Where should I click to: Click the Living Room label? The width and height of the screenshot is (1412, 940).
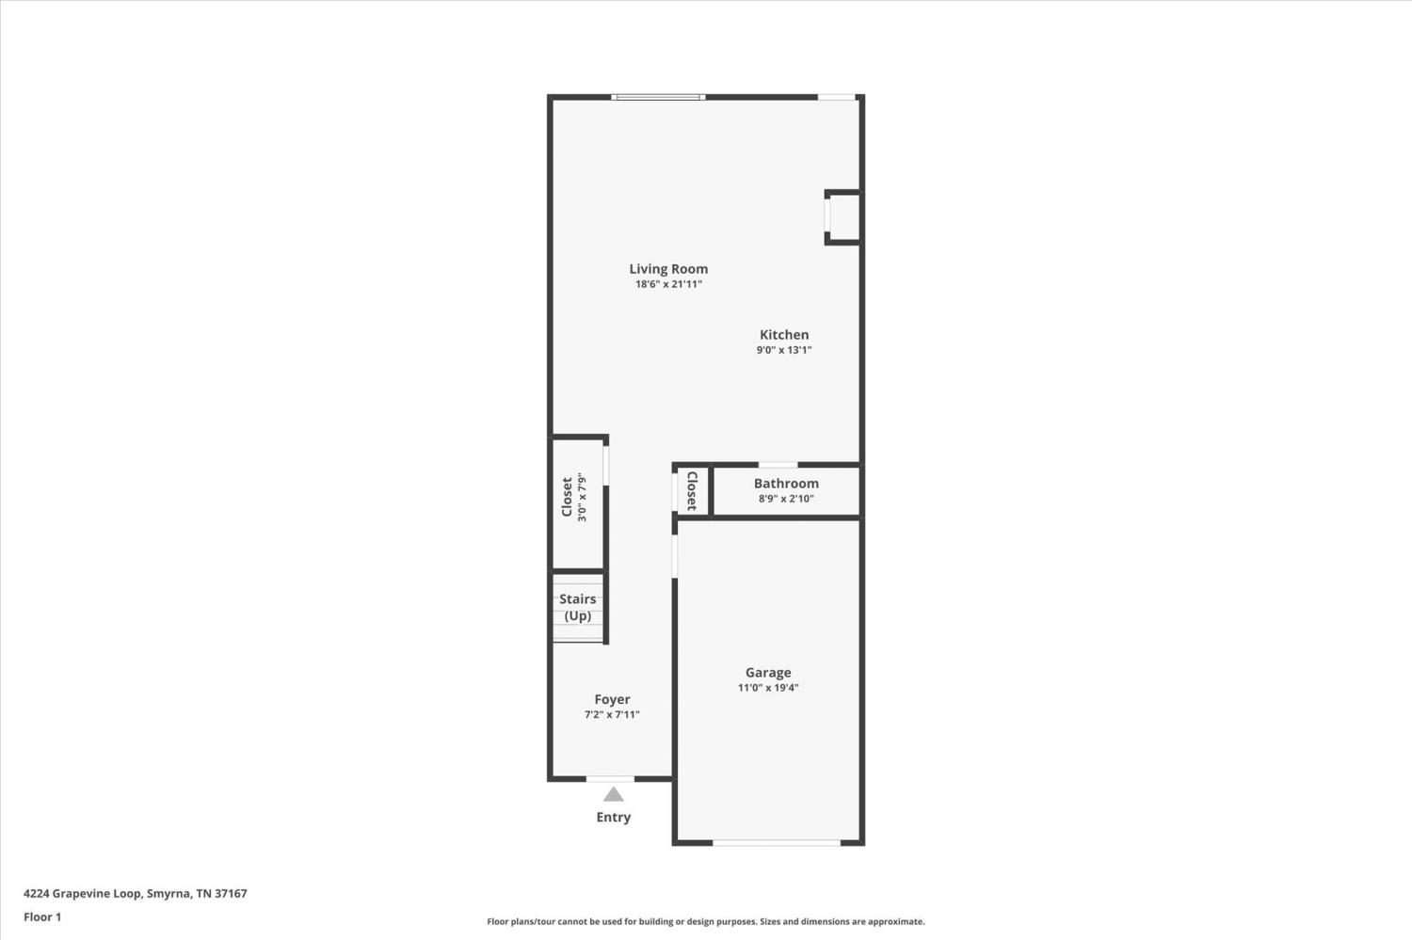click(668, 269)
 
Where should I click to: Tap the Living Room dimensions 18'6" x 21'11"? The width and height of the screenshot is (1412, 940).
click(668, 284)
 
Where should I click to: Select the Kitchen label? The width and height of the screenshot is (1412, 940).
click(783, 335)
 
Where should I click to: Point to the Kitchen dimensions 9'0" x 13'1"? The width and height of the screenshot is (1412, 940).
click(783, 350)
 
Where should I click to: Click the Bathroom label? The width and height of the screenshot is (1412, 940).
click(786, 484)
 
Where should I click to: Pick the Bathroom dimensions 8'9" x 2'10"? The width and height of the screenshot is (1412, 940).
click(786, 499)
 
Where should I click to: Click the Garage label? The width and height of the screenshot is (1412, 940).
click(768, 672)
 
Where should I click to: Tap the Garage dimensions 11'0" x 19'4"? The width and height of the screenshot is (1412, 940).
click(768, 688)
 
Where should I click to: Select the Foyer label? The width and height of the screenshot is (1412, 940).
click(612, 699)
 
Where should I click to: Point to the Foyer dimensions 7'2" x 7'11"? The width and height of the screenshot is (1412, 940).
click(612, 714)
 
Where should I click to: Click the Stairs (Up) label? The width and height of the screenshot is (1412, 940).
click(577, 607)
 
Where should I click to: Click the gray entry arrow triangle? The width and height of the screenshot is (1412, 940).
click(614, 794)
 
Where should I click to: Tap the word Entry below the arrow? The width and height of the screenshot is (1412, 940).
click(614, 817)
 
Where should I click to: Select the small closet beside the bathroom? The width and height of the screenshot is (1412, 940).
click(693, 491)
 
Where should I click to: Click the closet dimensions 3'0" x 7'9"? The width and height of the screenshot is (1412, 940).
click(582, 497)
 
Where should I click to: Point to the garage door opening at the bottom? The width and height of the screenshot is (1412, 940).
click(777, 842)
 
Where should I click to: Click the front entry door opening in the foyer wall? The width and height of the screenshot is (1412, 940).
click(610, 779)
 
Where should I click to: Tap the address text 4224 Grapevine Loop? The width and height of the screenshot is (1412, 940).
click(83, 893)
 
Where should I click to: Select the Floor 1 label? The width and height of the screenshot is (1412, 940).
click(42, 917)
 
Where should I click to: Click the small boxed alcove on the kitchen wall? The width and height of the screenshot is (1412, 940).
click(842, 216)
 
